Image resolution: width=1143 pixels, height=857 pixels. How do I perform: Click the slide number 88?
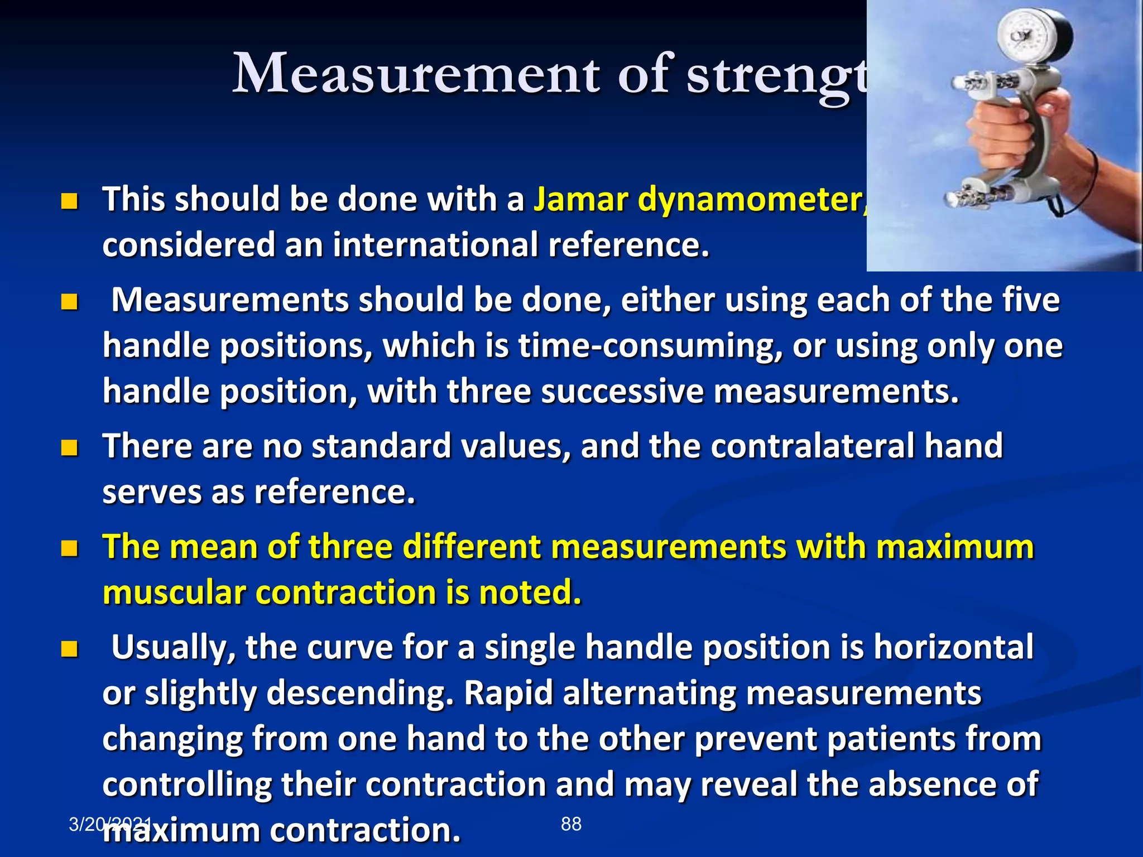tap(571, 824)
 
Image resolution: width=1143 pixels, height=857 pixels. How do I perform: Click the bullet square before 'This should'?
tap(69, 201)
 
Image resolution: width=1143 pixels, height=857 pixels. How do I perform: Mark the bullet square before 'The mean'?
tap(69, 548)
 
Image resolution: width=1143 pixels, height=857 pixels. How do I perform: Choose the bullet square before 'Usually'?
tap(69, 649)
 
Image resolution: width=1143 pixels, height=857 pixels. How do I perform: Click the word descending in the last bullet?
tap(355, 694)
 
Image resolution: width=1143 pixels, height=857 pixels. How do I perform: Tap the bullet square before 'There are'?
tap(69, 447)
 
